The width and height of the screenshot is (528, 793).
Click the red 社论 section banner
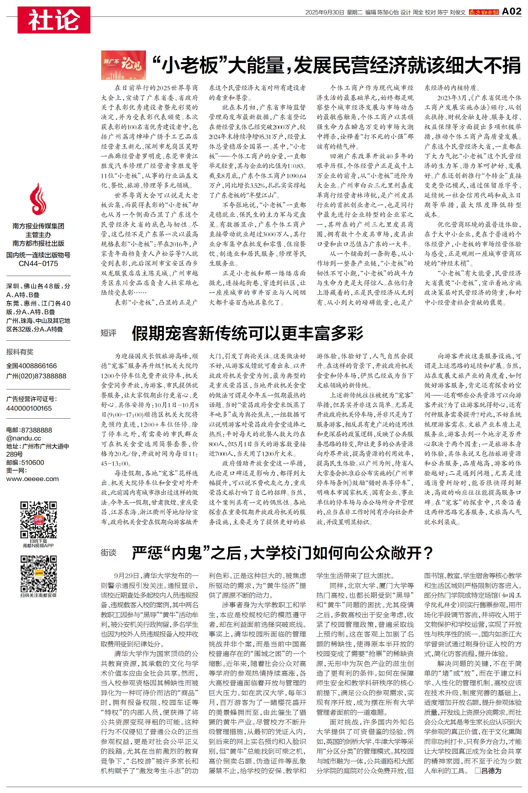click(x=54, y=20)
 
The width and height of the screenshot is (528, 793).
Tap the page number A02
click(x=511, y=11)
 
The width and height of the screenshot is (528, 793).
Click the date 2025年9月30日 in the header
click(x=325, y=12)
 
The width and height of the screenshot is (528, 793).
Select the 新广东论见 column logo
click(x=124, y=65)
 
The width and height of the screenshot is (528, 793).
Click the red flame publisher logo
click(x=38, y=201)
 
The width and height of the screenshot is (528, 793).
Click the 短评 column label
click(x=109, y=333)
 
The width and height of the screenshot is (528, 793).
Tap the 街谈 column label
click(x=109, y=552)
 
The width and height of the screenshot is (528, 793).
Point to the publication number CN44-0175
click(x=38, y=263)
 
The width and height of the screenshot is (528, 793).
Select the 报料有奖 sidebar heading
click(x=20, y=352)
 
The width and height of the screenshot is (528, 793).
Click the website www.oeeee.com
click(x=32, y=479)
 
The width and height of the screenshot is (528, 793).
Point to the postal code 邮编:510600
click(x=25, y=463)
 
